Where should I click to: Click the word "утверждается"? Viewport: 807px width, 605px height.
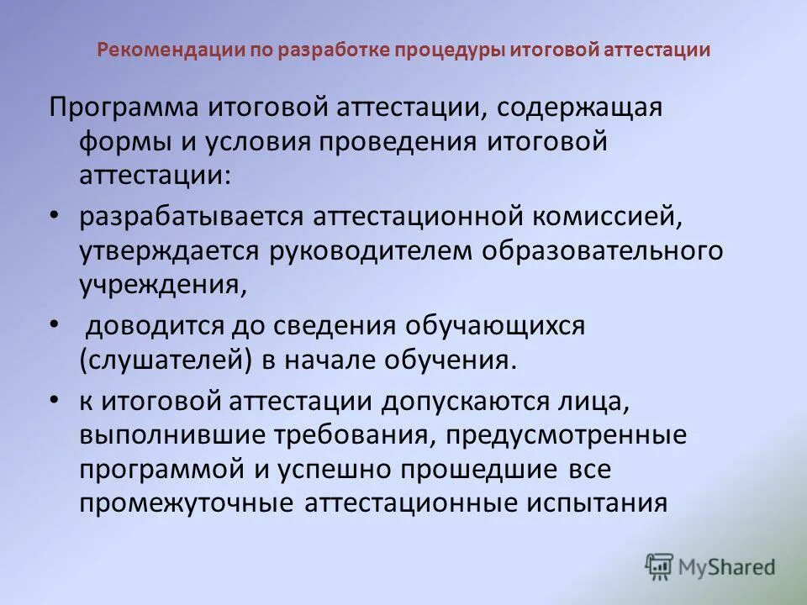(167, 251)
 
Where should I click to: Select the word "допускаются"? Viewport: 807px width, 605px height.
(465, 402)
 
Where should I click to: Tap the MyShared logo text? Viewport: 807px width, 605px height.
(726, 567)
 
